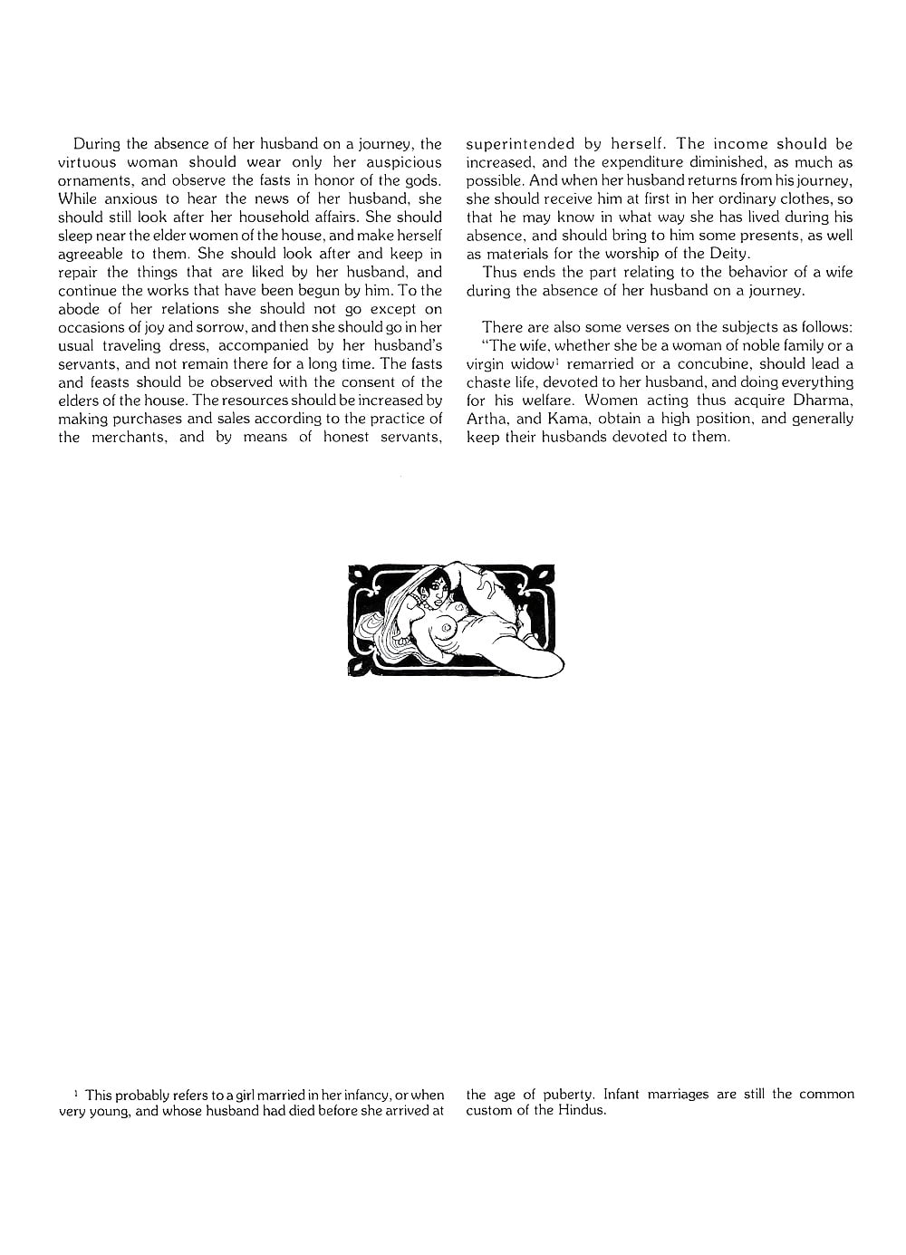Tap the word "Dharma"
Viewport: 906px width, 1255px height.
820,401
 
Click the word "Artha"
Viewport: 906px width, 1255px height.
487,419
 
